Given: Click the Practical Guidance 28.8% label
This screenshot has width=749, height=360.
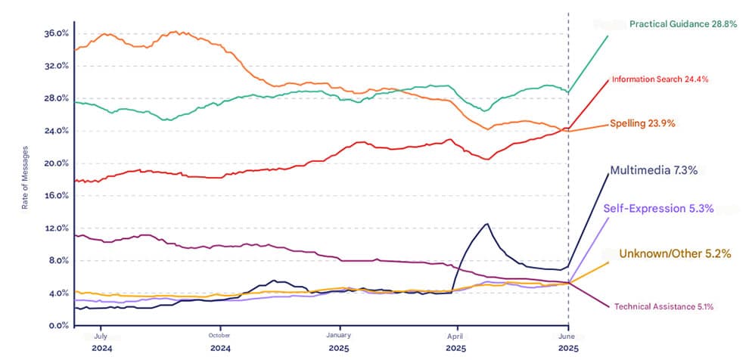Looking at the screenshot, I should click(x=679, y=24).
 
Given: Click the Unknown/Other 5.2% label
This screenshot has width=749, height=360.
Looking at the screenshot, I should click(x=675, y=254).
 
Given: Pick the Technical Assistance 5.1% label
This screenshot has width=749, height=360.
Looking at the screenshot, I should click(x=664, y=306).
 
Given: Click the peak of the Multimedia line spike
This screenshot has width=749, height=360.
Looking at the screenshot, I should click(x=486, y=224).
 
